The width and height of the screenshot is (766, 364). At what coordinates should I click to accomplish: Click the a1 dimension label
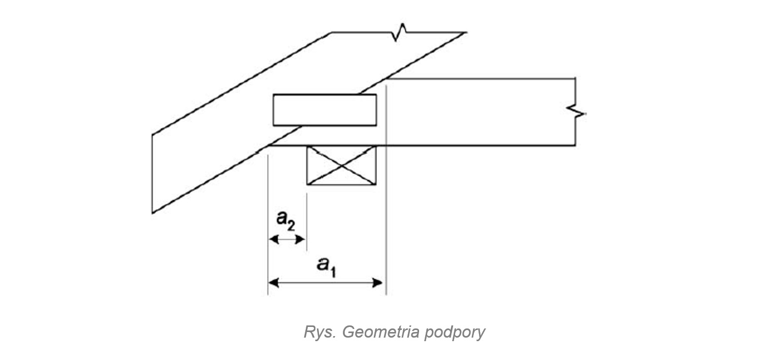327,266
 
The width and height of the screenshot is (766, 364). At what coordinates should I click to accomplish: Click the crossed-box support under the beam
341,166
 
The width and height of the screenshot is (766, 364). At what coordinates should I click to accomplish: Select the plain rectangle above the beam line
325,110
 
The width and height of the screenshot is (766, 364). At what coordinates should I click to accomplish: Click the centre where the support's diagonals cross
341,166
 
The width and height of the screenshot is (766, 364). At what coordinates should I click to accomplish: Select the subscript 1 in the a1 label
333,271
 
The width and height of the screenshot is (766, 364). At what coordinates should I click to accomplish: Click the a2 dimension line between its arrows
287,239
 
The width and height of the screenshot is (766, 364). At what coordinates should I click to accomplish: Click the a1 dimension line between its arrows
325,283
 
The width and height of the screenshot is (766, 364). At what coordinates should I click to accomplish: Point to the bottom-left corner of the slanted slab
153,212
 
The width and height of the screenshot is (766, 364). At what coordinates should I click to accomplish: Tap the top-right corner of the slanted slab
465,32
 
